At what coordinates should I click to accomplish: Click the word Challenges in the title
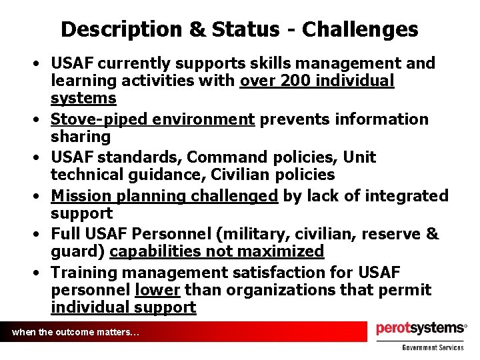(x=361, y=29)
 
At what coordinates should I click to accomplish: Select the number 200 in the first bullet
(x=295, y=81)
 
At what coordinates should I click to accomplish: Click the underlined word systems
(x=83, y=99)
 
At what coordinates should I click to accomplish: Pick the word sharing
(x=81, y=137)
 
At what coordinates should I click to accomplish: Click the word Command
(x=224, y=158)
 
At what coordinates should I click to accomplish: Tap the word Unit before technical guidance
(x=360, y=158)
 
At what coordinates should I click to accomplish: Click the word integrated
(x=407, y=197)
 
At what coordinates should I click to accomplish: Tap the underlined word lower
(x=157, y=291)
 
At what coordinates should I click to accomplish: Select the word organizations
(x=268, y=291)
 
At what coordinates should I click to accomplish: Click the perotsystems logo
(x=421, y=329)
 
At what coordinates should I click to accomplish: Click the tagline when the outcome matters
(x=75, y=332)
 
